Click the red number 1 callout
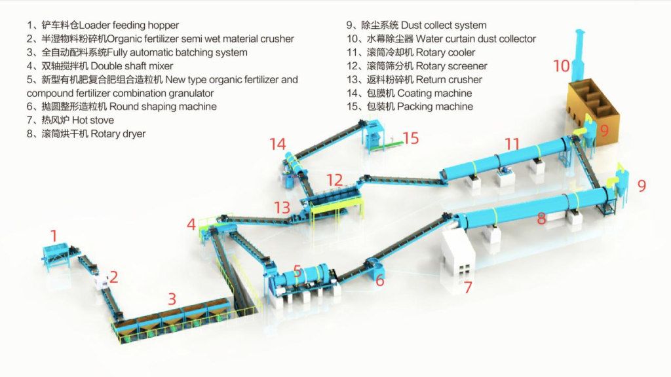point(54,236)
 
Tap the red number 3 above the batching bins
point(172,298)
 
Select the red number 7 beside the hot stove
point(468,287)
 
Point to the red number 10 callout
point(562,66)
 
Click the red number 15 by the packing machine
point(410,138)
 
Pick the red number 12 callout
point(335,180)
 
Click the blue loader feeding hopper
point(56,256)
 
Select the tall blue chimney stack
point(579,54)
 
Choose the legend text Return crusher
point(449,79)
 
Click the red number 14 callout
point(277,144)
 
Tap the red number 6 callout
point(380,280)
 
